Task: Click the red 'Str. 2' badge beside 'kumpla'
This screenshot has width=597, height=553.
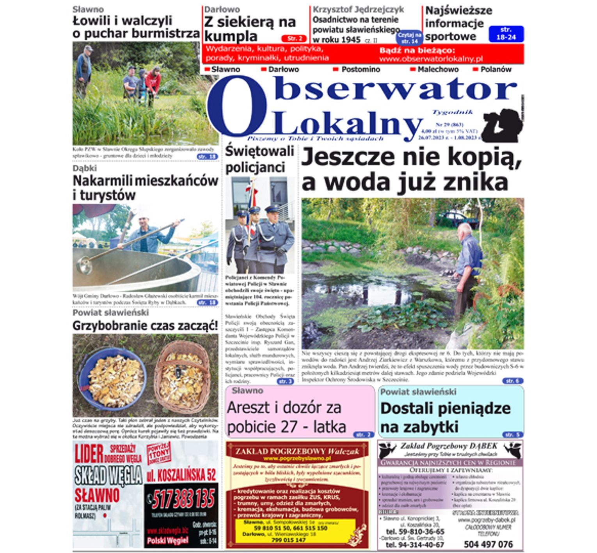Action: point(293,39)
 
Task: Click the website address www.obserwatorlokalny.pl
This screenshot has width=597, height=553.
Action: point(430,59)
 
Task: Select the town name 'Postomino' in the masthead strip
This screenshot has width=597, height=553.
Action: point(360,69)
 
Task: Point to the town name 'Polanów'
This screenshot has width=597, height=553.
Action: point(496,69)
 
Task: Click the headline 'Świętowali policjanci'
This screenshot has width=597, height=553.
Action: point(259,159)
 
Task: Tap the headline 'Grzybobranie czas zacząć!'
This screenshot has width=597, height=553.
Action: point(145,325)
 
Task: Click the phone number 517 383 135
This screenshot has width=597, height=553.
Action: point(183,499)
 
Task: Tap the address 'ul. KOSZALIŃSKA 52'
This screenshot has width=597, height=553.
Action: point(181,475)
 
